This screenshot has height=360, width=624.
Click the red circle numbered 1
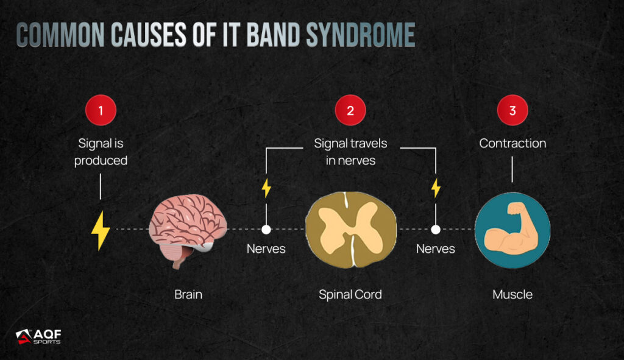101,110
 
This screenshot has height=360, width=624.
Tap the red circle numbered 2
350,110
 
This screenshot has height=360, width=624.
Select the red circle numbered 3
512,110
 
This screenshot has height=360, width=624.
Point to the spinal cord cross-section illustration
350,230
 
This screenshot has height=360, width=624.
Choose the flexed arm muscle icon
512,230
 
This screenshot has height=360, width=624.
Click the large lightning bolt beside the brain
101,231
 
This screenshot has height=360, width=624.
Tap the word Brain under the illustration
188,294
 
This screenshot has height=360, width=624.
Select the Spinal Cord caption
350,294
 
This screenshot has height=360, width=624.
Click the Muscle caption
512,294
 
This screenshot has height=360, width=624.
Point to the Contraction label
512,143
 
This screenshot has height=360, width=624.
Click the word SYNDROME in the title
361,35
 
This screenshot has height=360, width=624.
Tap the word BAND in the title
273,35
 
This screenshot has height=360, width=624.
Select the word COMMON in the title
60,35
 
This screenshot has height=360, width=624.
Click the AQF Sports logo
38,336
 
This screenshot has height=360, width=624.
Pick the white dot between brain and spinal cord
266,230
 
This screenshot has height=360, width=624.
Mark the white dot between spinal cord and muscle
436,230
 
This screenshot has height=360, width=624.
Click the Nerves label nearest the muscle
435,249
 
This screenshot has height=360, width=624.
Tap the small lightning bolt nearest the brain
266,188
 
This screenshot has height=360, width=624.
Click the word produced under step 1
101,161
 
